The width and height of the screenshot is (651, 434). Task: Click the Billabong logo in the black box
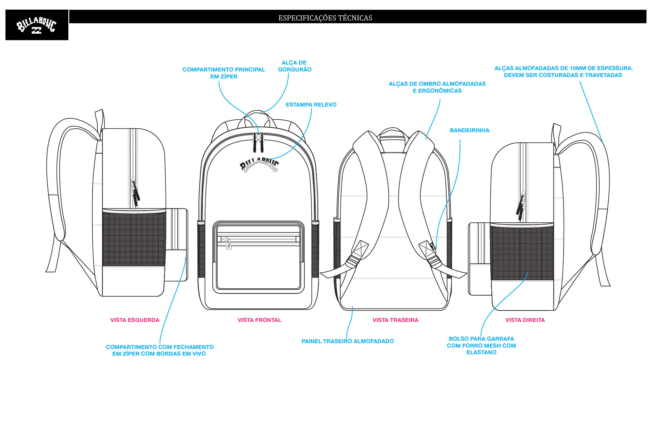click(36, 26)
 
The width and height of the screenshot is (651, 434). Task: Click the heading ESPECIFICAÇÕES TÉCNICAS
click(325, 18)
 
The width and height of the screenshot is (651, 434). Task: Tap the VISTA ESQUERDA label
click(135, 320)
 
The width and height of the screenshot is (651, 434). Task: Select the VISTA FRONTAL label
click(260, 320)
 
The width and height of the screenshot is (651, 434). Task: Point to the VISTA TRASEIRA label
click(396, 320)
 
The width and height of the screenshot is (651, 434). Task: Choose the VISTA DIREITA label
click(525, 320)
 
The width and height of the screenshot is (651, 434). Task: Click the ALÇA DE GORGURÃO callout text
click(295, 66)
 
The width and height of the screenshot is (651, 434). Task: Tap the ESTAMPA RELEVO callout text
click(311, 104)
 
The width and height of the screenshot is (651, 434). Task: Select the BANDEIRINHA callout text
click(470, 130)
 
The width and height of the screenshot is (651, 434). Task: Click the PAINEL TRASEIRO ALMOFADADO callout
click(348, 341)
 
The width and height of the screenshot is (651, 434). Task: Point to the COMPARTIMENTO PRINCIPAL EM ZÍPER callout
click(224, 73)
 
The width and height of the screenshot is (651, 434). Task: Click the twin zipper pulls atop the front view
click(258, 143)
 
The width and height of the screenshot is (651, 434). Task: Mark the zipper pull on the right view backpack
click(521, 206)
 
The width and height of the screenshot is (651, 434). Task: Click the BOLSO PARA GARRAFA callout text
click(481, 346)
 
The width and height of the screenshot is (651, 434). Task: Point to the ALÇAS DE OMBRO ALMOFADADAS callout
click(437, 87)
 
